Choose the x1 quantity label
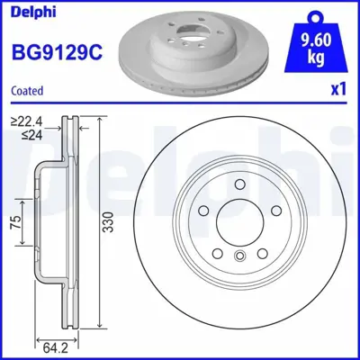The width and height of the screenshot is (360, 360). pos(337,90)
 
